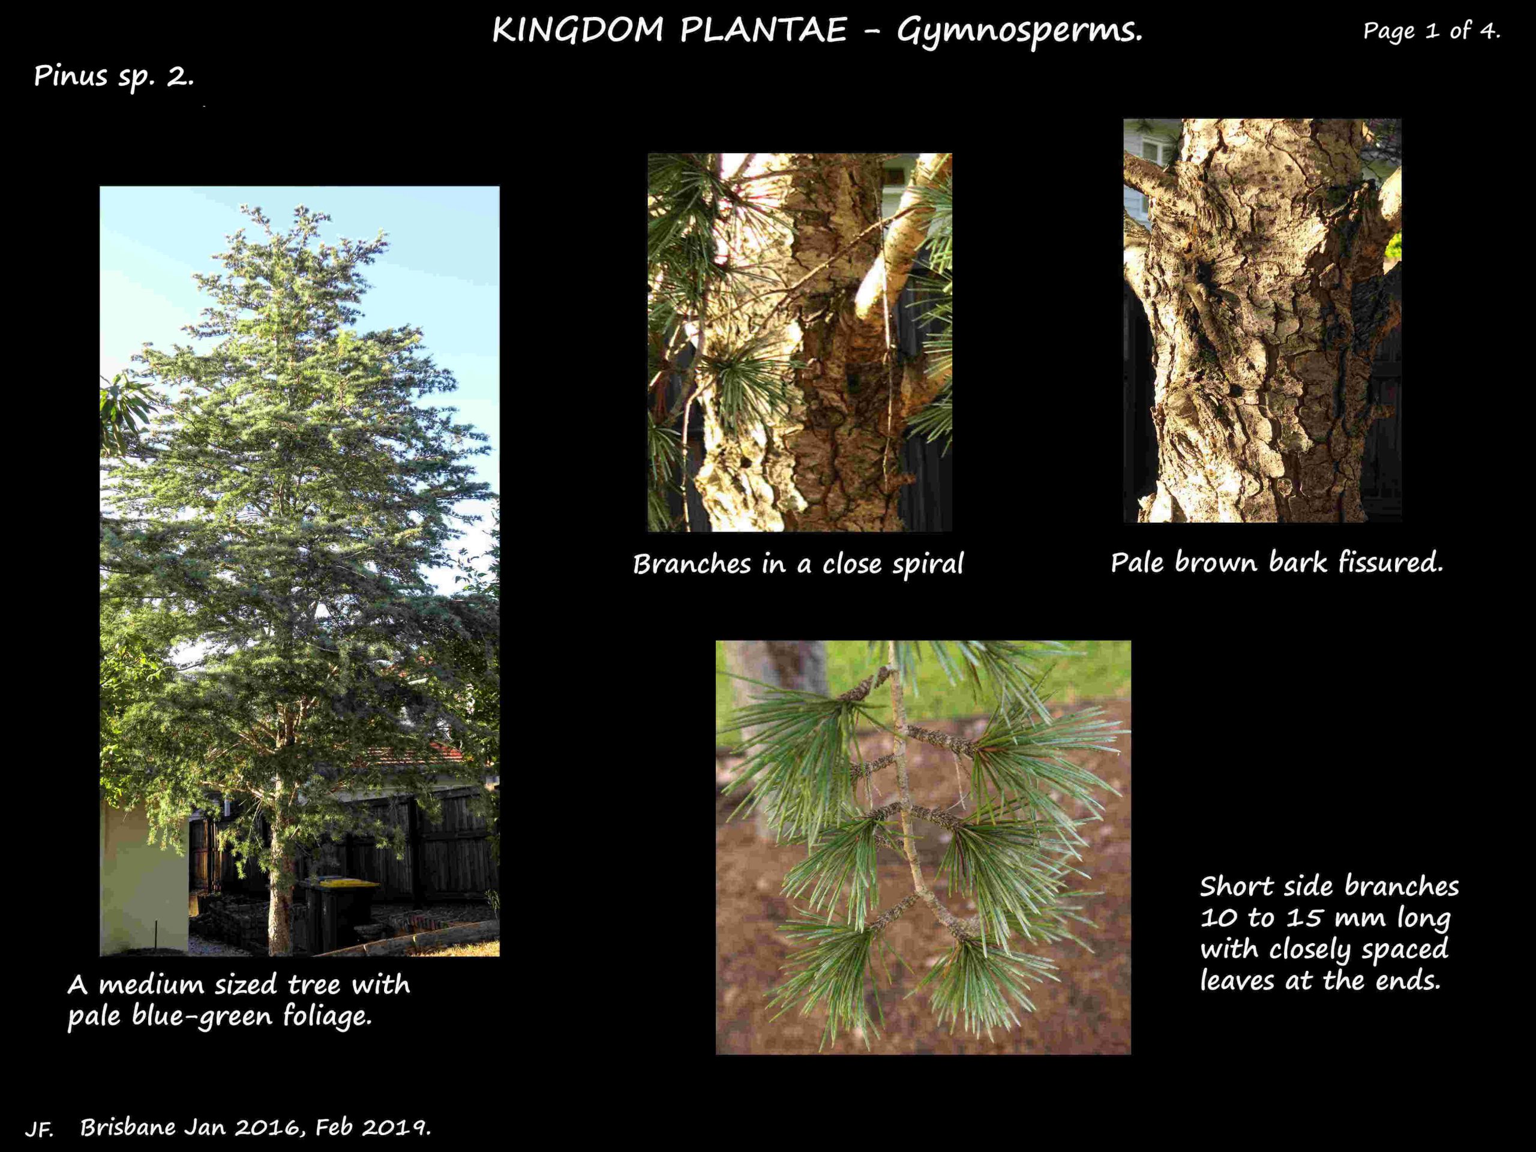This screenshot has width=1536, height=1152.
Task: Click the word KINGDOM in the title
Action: point(578,31)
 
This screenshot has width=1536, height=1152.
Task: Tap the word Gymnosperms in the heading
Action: point(1019,32)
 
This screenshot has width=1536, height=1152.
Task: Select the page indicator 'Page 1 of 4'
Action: point(1431,31)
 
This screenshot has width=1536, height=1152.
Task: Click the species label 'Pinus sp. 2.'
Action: point(114,76)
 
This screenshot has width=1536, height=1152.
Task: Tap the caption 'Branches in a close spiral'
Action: point(798,565)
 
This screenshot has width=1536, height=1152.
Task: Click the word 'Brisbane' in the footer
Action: point(128,1127)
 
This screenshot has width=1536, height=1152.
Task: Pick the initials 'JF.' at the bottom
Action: point(40,1130)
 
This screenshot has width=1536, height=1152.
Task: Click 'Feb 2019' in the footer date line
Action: point(373,1127)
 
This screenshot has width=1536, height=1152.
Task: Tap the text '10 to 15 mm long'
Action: point(1325,918)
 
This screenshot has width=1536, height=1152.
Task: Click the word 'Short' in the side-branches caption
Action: point(1235,886)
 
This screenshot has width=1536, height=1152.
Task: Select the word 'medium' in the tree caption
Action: point(153,985)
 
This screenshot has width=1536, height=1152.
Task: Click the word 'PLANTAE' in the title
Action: point(763,31)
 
